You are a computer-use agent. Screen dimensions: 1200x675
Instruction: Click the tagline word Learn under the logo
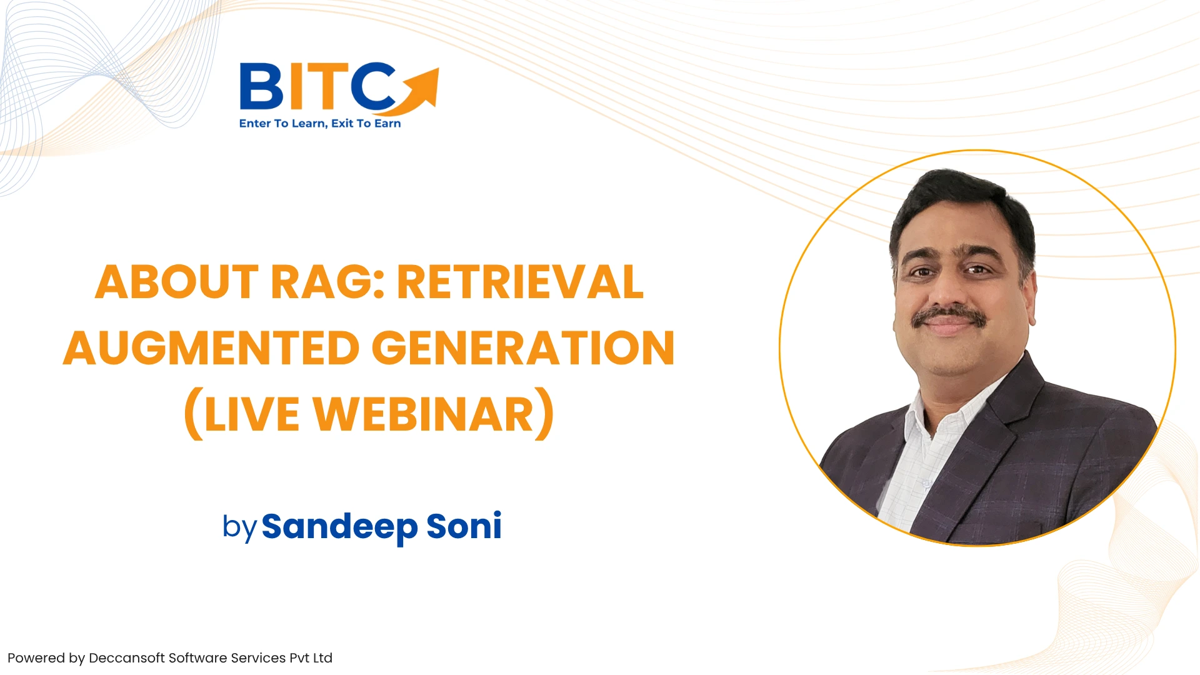tap(309, 124)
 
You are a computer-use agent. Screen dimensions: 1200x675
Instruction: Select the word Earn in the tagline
tap(387, 123)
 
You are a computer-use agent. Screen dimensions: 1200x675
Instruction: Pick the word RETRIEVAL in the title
tap(520, 282)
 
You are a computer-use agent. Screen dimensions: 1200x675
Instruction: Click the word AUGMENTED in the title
tap(211, 348)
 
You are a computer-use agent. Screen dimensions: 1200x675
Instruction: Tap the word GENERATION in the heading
tap(523, 348)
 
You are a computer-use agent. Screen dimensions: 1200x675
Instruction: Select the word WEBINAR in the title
tap(424, 414)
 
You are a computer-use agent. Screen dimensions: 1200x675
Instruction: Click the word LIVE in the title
tap(252, 414)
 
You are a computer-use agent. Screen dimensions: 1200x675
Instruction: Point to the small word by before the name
tap(239, 527)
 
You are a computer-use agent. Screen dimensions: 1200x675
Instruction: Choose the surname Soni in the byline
tap(464, 526)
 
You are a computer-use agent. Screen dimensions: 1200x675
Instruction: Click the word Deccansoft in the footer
tap(127, 658)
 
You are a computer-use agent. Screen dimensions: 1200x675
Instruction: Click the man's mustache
tap(949, 316)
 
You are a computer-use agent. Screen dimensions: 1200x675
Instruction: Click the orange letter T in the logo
tap(327, 86)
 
